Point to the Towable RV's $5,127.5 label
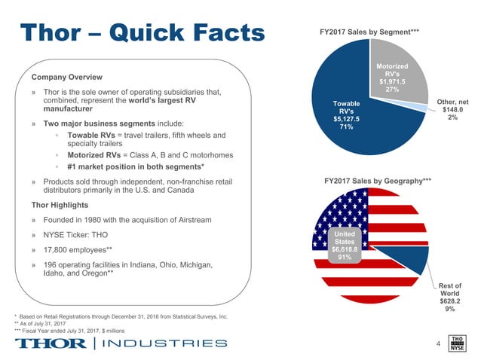click(x=346, y=117)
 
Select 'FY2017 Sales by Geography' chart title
click(x=377, y=182)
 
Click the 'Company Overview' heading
click(x=68, y=77)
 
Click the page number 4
click(x=437, y=345)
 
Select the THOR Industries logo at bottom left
click(x=121, y=343)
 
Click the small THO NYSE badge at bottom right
click(x=456, y=343)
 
